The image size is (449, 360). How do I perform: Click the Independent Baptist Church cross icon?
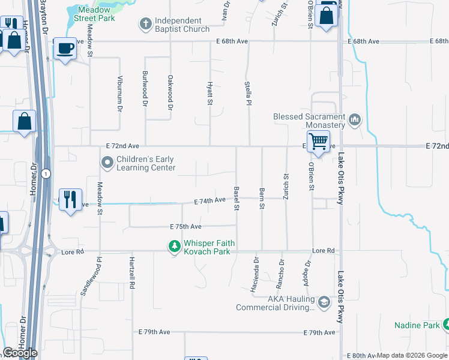click(x=145, y=25)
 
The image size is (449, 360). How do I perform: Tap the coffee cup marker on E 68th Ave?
click(x=65, y=48)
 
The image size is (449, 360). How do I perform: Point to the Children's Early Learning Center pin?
click(x=107, y=163)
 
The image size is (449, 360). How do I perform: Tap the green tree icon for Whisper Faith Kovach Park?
click(x=174, y=246)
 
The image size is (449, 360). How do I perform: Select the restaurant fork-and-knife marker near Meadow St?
click(x=70, y=198)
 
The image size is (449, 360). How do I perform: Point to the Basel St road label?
click(x=237, y=199)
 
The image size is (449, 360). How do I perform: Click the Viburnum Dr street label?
click(x=119, y=95)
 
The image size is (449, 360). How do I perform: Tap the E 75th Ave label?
click(x=185, y=227)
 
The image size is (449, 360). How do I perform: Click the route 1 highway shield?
click(x=46, y=173)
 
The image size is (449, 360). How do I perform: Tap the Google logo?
click(x=20, y=353)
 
